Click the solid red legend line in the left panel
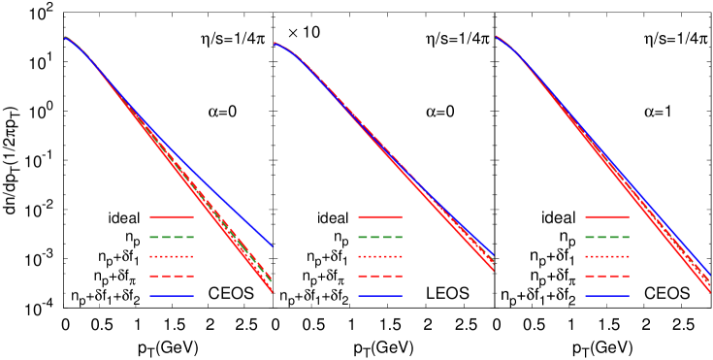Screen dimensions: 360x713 [171, 216]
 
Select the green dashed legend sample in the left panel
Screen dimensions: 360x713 [171, 237]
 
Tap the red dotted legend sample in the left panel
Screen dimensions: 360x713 [171, 256]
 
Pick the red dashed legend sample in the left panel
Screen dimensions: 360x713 [171, 277]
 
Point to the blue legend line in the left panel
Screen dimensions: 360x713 [171, 296]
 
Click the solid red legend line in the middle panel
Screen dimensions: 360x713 [379, 216]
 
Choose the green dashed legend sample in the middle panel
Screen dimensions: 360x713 [379, 237]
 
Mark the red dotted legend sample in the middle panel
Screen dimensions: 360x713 [379, 256]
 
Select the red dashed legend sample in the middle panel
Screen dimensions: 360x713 [379, 277]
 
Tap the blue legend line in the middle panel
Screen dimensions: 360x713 [379, 296]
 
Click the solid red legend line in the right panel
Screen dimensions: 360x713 [606, 216]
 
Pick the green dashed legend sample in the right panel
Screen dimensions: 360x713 [606, 237]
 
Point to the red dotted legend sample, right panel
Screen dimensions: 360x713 [606, 256]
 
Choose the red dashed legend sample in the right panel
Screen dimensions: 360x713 [606, 277]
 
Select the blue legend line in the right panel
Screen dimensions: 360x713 [606, 296]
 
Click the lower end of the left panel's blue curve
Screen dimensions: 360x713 [273, 246]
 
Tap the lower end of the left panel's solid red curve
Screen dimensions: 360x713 [273, 291]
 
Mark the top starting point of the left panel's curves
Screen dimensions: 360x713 [65, 37]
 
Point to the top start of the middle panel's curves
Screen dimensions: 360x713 [275, 43]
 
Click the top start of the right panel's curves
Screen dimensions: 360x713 [496, 37]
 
